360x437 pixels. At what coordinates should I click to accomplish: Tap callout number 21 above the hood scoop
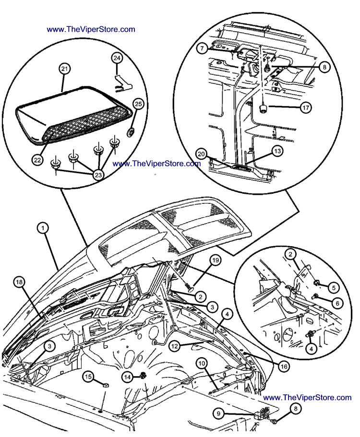64,69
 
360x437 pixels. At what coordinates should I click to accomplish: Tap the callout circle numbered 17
305,107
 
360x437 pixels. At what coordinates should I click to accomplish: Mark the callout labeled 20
201,154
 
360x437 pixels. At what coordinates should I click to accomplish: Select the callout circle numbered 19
216,260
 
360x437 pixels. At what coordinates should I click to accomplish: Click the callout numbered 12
175,344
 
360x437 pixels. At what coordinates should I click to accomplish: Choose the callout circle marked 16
284,366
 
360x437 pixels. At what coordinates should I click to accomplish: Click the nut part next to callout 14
143,378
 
